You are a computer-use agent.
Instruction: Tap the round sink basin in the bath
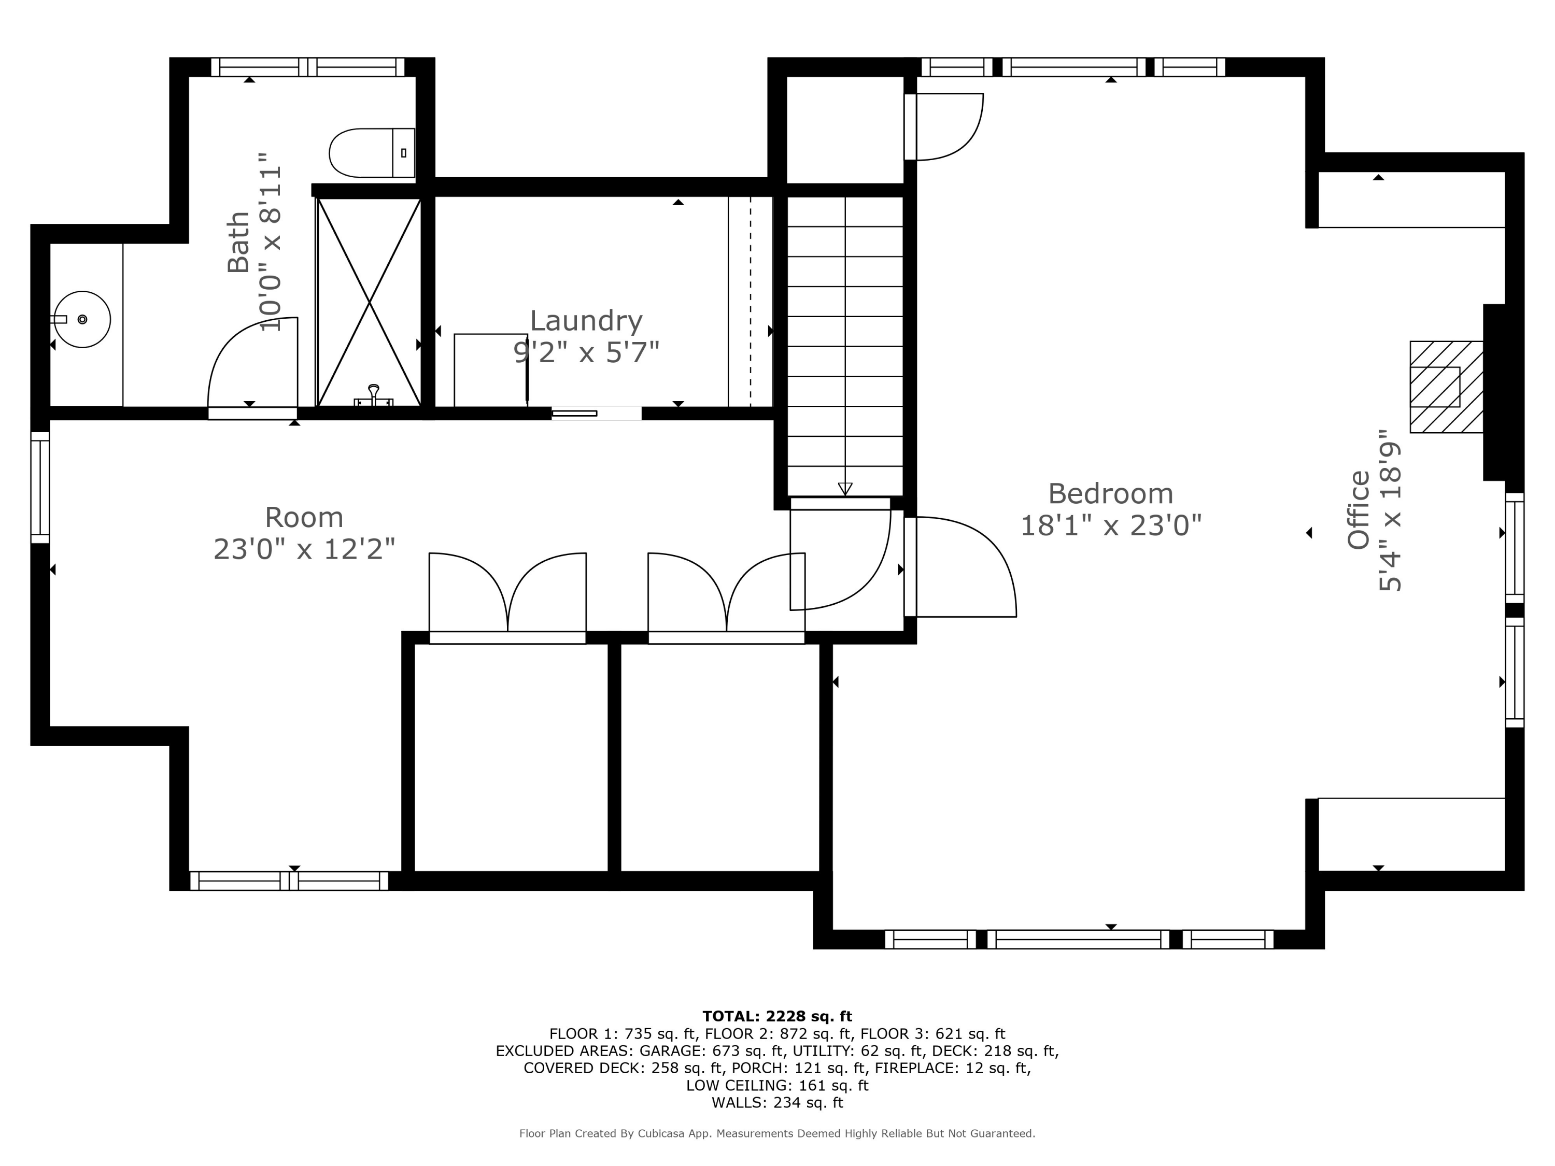click(x=82, y=319)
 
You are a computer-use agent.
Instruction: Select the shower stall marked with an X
click(x=369, y=302)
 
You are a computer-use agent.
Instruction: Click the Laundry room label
click(x=586, y=321)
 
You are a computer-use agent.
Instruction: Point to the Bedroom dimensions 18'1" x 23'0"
click(x=1110, y=525)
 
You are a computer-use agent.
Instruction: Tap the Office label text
click(x=1358, y=509)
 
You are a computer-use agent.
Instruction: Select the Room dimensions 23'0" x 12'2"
click(x=304, y=549)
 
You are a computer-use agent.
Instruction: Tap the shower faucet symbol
click(x=373, y=395)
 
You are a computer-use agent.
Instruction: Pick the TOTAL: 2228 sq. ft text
click(x=777, y=1016)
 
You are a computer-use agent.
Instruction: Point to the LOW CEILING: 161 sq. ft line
click(x=777, y=1085)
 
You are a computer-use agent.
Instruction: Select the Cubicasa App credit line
click(x=777, y=1133)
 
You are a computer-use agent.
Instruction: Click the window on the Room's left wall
click(x=40, y=487)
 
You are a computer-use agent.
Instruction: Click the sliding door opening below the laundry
click(x=596, y=413)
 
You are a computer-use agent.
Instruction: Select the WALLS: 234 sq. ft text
click(x=777, y=1102)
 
